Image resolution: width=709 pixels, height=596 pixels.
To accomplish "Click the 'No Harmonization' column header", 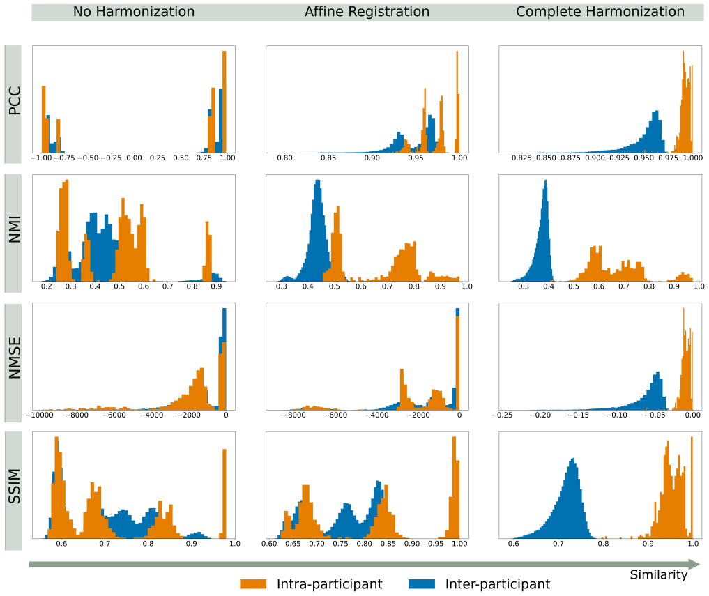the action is tap(134, 12).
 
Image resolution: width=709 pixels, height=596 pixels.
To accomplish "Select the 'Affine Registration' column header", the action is tap(367, 12).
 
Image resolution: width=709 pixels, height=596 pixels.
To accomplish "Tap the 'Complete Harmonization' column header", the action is tap(600, 12).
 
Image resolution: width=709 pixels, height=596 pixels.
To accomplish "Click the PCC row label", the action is tap(15, 100).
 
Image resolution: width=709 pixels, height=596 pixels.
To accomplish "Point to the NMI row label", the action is tap(15, 229).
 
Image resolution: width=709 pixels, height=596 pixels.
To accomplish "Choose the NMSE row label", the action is tap(15, 358).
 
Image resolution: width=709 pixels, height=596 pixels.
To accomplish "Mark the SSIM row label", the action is tap(15, 486).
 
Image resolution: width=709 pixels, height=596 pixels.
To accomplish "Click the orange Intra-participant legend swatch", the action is tap(253, 583).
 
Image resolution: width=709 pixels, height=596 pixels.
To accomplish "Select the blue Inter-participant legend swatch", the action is tap(421, 583).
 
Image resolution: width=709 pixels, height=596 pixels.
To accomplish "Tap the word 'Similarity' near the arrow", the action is tap(658, 575).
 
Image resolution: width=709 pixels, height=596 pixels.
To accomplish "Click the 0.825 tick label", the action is tap(521, 158).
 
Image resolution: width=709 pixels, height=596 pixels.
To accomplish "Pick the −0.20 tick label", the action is tap(540, 415).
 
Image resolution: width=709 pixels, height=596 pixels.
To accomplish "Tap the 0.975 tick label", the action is tap(669, 158).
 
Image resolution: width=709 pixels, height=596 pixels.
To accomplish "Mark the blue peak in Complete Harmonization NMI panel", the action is tap(546, 181).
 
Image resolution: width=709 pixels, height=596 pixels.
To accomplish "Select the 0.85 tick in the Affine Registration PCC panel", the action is tap(328, 158).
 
